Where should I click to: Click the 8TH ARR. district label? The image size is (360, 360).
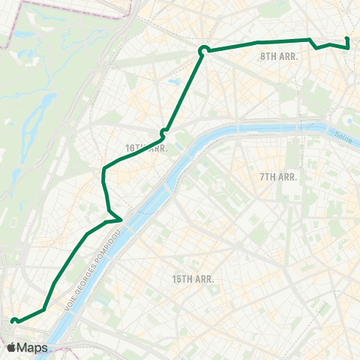[x=280, y=56]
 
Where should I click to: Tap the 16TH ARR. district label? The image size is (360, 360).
[x=145, y=148]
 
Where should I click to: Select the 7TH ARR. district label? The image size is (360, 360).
[x=279, y=177]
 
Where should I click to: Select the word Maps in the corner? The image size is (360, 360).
[x=32, y=348]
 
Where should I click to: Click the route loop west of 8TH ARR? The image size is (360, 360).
[x=202, y=50]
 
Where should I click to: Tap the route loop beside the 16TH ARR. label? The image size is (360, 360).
[x=163, y=133]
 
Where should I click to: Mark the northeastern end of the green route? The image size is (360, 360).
[x=347, y=39]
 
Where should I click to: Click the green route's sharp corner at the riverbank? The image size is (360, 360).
[x=120, y=219]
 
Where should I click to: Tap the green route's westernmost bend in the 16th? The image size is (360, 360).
[x=103, y=175]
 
